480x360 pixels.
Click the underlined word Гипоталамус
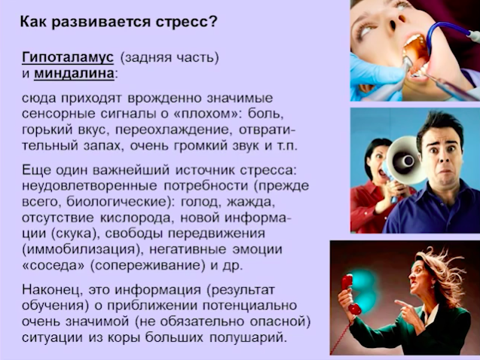(68, 57)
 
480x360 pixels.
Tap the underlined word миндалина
(74, 74)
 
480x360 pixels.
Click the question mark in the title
(213, 22)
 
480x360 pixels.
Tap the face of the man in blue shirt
(442, 157)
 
